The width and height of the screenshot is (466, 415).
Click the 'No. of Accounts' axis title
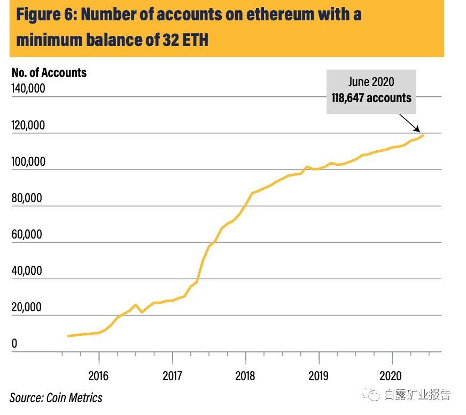tap(49, 73)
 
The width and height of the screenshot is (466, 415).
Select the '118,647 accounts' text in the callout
tap(371, 98)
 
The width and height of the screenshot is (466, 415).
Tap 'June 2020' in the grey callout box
tap(371, 82)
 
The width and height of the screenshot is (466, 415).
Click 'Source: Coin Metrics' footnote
tap(56, 397)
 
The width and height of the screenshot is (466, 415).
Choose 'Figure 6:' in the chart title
tap(45, 14)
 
